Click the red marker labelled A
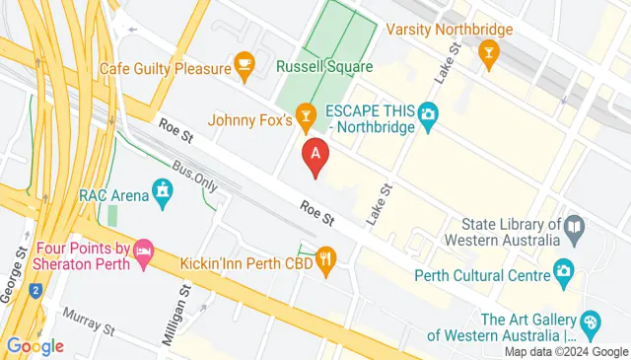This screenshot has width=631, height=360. (315, 155)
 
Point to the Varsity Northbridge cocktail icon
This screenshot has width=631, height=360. (487, 52)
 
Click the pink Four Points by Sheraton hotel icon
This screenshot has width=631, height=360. (144, 252)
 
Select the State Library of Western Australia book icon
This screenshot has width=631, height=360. (576, 229)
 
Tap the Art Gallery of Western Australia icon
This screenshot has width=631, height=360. (591, 322)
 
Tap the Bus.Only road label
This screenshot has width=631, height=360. (193, 177)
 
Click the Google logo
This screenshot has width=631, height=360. (35, 345)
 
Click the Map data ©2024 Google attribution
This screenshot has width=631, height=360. (566, 352)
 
